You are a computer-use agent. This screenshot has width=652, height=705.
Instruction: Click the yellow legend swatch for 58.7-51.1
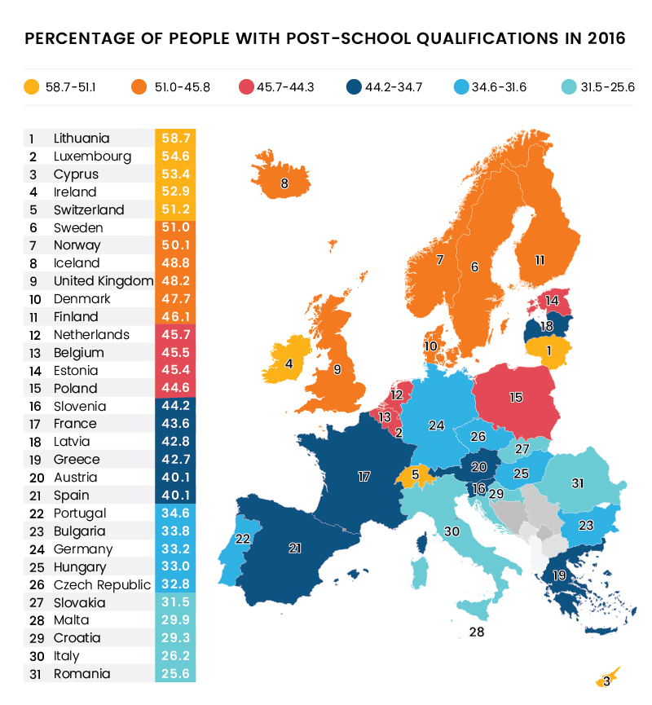tap(33, 86)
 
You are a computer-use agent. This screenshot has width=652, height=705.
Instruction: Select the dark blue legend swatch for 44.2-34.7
tap(354, 86)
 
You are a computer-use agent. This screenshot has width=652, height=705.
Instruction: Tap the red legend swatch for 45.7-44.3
tap(246, 86)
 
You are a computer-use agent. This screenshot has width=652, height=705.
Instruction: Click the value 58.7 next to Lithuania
tap(174, 139)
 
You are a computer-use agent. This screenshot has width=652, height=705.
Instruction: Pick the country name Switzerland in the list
tap(89, 209)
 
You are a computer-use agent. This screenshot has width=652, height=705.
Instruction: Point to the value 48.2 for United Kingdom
tap(174, 281)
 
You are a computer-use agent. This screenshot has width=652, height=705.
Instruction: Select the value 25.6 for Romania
tap(174, 674)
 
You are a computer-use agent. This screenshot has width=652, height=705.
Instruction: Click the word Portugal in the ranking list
tap(80, 513)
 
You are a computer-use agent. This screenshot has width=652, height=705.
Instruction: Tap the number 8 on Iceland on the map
tap(284, 184)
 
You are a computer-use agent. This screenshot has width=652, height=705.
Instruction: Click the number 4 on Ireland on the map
tap(289, 364)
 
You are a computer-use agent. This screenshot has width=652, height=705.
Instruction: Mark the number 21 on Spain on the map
tap(295, 549)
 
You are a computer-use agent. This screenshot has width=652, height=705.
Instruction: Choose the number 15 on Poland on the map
tap(516, 398)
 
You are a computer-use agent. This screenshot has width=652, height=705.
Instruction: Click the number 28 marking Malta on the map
tap(477, 632)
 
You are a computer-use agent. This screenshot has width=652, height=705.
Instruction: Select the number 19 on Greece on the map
tap(560, 575)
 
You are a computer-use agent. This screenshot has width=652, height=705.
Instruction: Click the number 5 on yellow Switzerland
tap(415, 474)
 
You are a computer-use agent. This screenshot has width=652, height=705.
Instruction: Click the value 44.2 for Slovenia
tap(174, 406)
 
